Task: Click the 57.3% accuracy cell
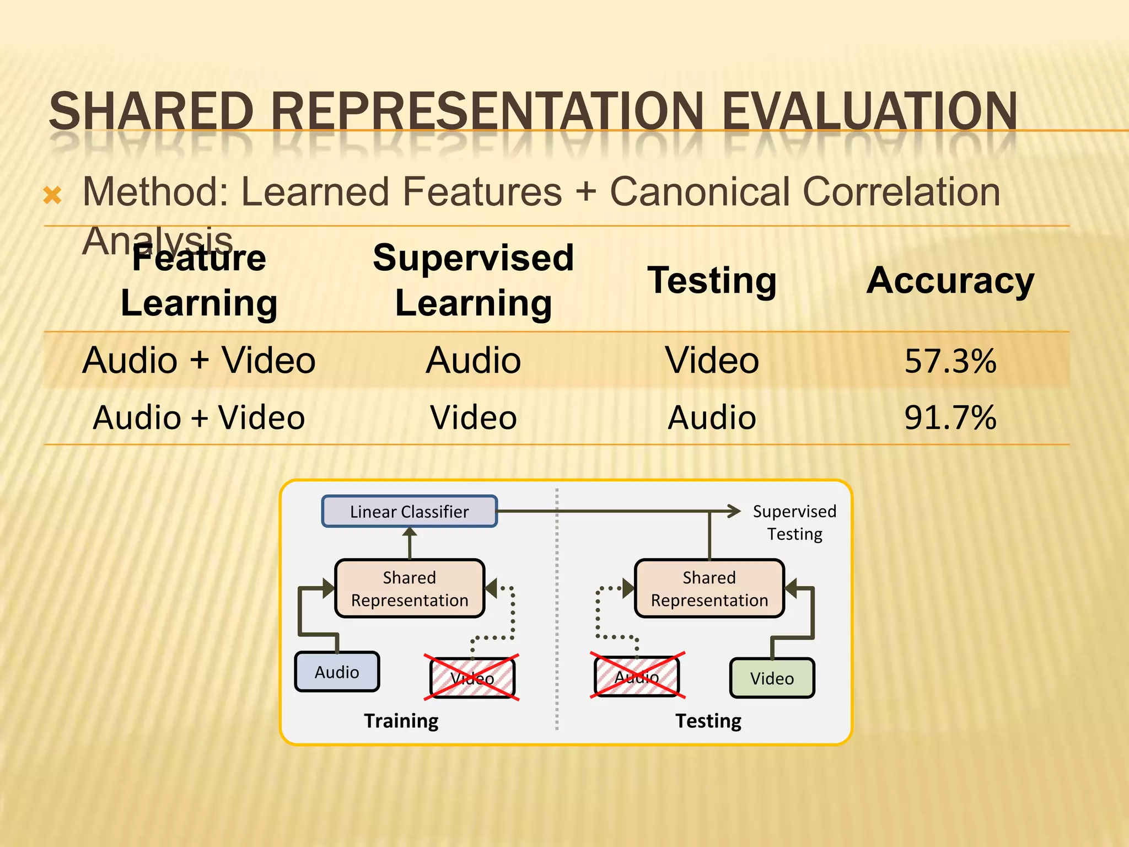(950, 361)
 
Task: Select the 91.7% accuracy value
(950, 417)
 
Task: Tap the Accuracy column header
(950, 281)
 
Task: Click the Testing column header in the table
(712, 281)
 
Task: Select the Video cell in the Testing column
(712, 361)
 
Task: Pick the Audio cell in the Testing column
(712, 417)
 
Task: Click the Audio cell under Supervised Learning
(473, 361)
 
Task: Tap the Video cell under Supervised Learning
(473, 417)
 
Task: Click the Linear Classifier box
(410, 511)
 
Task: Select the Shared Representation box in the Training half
(410, 588)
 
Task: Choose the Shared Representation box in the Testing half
(709, 588)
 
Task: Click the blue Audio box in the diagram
(337, 672)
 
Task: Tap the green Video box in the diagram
(772, 678)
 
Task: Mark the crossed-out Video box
(472, 678)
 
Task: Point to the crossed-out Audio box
(637, 677)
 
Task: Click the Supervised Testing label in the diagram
(794, 522)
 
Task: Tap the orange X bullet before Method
(52, 195)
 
